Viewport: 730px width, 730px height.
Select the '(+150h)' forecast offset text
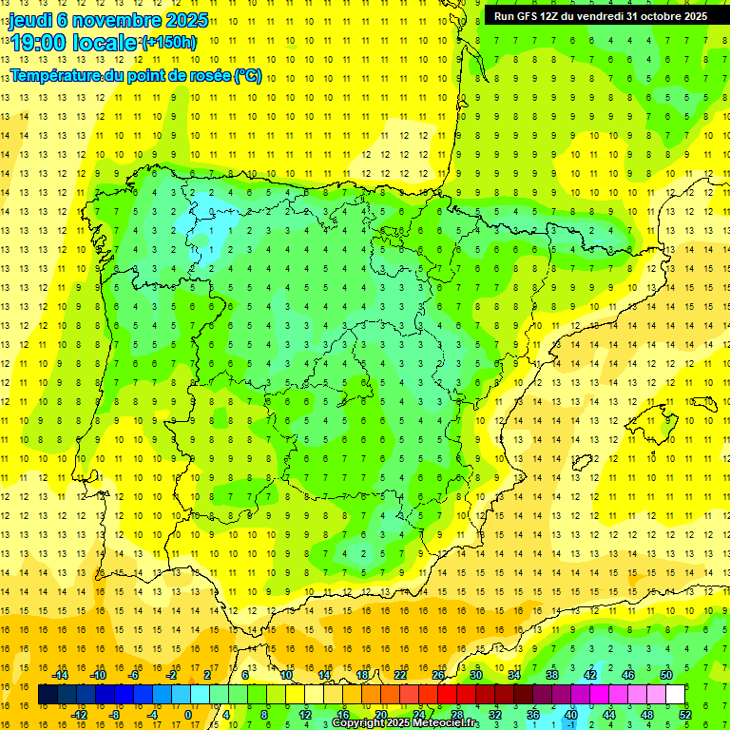[168, 42]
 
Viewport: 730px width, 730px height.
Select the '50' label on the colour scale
[666, 675]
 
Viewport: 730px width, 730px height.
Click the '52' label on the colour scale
[685, 715]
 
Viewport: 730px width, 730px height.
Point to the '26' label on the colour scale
[438, 675]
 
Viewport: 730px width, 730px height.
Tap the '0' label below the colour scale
[188, 715]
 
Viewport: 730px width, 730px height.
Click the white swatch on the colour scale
[675, 695]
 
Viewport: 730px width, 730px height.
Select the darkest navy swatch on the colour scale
[48, 695]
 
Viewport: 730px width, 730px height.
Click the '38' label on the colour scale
[552, 675]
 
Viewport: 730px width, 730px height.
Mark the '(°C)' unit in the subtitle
[248, 75]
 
